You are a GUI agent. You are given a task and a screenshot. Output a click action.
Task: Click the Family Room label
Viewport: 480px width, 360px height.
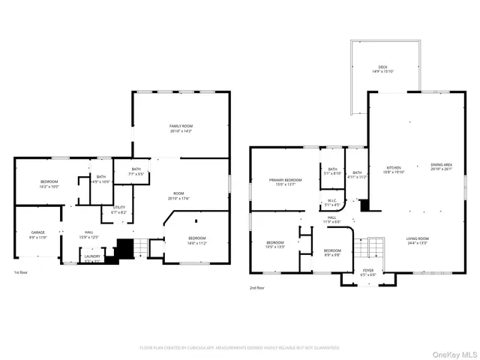181,128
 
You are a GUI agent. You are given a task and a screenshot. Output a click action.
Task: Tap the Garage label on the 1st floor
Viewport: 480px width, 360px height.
38,235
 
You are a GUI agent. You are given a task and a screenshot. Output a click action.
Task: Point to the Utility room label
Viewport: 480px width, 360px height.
119,211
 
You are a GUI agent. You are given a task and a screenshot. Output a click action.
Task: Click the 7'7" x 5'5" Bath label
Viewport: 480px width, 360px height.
136,172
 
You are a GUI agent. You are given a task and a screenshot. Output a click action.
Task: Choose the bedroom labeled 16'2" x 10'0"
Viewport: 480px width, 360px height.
48,184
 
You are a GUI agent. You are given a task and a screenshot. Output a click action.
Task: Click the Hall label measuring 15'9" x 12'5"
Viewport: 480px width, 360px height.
88,235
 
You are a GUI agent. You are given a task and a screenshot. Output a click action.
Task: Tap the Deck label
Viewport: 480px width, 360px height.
382,69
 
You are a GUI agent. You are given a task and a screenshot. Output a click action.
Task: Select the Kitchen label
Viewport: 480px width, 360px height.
394,169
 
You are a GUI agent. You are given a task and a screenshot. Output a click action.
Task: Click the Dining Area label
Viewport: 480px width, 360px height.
441,166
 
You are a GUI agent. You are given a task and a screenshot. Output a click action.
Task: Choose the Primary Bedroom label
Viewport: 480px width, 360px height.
286,182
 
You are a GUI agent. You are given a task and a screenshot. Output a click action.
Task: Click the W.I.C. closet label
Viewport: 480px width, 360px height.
331,202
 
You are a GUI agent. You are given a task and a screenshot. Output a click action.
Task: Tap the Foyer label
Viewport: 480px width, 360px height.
368,272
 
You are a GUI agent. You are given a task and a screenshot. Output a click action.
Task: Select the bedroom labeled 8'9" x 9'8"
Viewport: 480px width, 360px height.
332,253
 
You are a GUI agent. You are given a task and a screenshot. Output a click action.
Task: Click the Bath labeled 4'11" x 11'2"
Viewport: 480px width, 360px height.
357,175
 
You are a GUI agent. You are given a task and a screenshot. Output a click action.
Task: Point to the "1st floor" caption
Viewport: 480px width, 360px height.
22,272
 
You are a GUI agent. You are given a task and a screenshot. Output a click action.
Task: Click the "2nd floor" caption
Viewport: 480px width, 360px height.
257,287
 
